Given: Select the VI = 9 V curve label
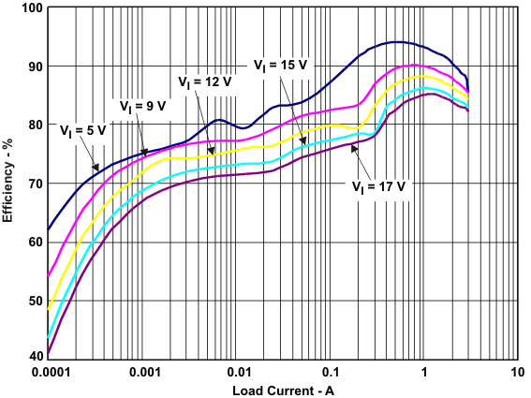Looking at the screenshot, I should tap(141, 105).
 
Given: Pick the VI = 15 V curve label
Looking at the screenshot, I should tap(282, 65).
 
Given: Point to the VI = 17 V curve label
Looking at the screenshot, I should tap(382, 185).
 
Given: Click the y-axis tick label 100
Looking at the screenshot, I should tap(31, 8).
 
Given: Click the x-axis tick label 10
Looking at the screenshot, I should tap(516, 372).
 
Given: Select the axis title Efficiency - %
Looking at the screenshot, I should tap(8, 183).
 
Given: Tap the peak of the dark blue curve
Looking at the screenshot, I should tap(398, 42).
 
